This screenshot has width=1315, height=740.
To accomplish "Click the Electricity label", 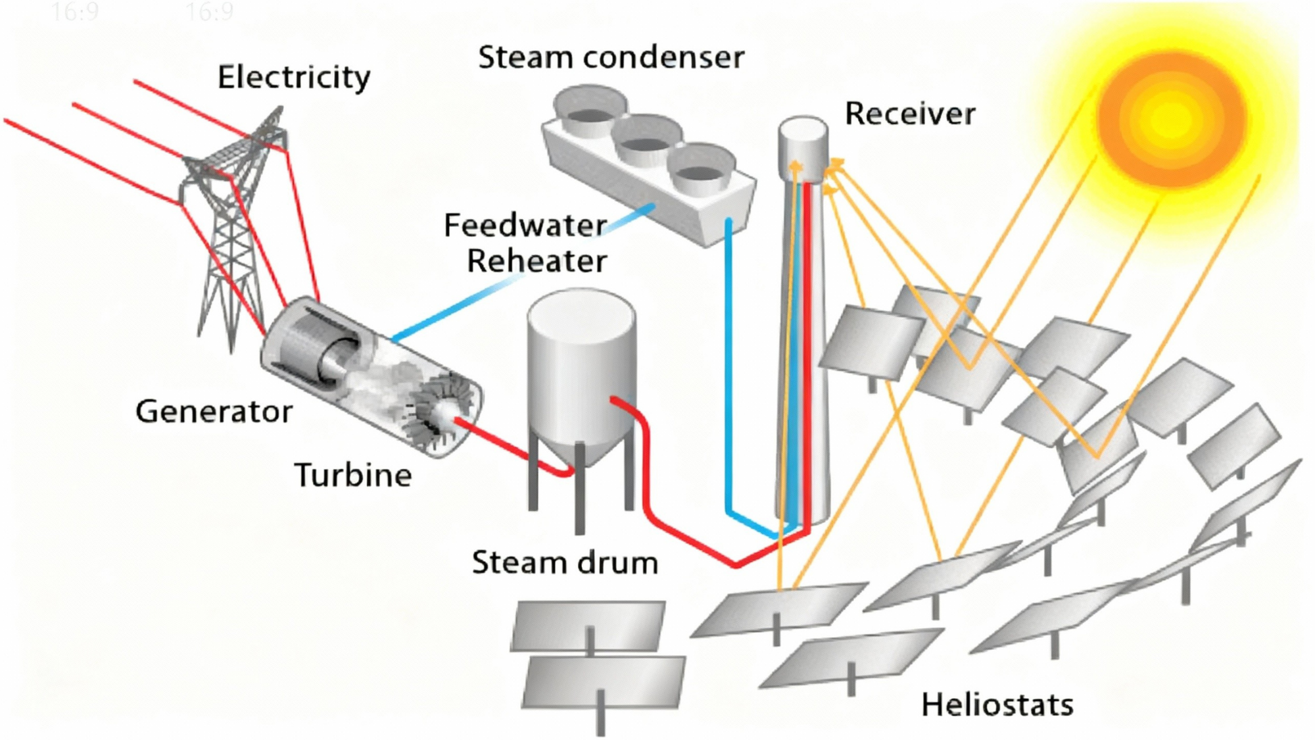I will click(294, 78).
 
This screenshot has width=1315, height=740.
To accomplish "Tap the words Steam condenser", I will click(611, 57).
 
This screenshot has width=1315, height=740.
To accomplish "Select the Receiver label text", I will click(909, 114).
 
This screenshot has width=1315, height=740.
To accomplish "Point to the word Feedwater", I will click(525, 226).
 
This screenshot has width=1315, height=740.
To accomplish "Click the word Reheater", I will click(537, 261).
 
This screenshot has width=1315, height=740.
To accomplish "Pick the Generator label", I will click(214, 412).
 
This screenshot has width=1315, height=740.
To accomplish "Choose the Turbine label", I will click(353, 475).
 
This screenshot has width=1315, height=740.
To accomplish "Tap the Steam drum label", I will click(565, 563).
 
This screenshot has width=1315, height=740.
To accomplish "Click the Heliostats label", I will click(997, 705).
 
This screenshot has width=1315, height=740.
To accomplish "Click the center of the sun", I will click(1172, 118).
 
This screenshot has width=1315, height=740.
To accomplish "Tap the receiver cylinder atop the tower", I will click(803, 148).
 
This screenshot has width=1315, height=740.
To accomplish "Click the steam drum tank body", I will click(581, 368).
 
